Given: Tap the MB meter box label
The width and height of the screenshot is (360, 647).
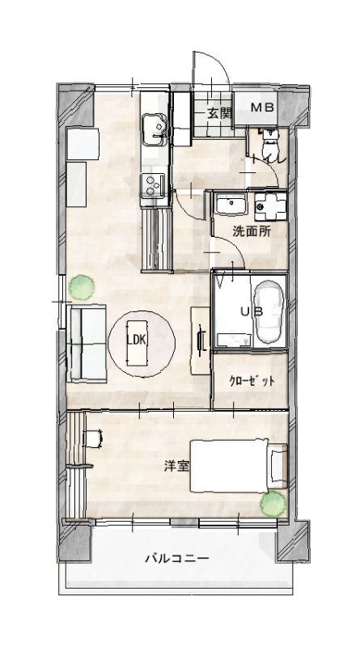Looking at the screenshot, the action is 263,108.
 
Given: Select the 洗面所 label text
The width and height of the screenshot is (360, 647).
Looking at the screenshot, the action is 252,231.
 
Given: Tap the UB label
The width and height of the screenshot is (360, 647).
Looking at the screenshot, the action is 252,311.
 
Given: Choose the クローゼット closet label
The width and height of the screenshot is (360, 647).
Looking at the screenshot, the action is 252,381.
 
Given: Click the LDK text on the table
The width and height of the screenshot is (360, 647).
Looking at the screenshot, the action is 136,340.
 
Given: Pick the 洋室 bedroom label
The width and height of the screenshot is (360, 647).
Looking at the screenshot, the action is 176,467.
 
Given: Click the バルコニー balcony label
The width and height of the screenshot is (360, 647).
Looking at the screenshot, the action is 176,559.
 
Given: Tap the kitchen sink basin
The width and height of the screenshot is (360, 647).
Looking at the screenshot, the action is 154,129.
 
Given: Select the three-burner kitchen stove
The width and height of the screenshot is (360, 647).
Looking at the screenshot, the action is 152,185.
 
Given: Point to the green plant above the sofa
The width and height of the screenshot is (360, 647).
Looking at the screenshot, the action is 82,287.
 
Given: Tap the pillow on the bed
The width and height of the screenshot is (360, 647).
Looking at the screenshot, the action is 277,467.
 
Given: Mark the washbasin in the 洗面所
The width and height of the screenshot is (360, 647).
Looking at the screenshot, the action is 231,205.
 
